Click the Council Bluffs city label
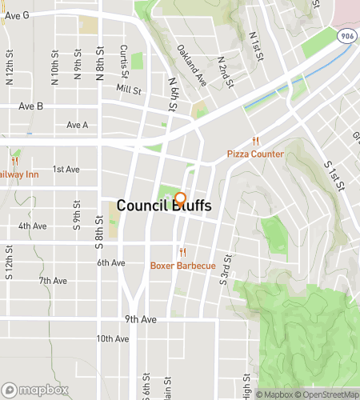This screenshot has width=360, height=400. (x=164, y=206)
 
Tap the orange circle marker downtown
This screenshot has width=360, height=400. (x=181, y=198)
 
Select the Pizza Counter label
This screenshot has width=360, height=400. (x=256, y=153)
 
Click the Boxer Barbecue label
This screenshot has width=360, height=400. (x=183, y=265)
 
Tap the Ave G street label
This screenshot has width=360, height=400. (x=16, y=15)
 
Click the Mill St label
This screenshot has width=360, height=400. (x=128, y=89)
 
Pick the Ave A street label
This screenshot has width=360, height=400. (x=78, y=125)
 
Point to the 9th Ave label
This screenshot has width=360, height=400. (x=140, y=319)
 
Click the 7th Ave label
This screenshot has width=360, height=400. (x=53, y=281)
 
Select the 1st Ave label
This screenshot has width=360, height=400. (x=66, y=170)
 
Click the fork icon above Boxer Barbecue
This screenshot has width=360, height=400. (x=183, y=252)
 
